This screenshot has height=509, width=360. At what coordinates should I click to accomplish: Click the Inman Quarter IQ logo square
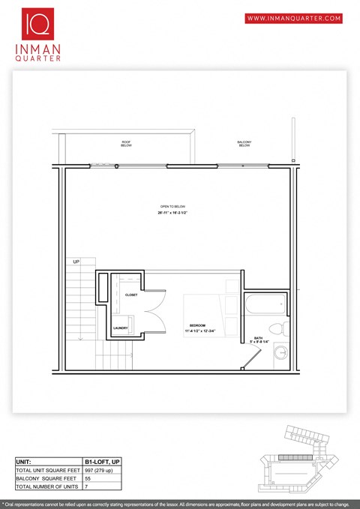click(x=37, y=23)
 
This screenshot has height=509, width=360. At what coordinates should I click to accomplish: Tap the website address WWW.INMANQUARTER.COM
click(x=294, y=18)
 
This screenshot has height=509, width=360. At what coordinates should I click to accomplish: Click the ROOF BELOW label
click(x=126, y=143)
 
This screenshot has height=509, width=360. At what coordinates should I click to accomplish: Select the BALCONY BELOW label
click(x=244, y=143)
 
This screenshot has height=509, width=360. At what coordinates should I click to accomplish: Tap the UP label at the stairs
click(x=76, y=262)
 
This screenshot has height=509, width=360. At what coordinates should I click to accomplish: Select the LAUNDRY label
click(x=120, y=328)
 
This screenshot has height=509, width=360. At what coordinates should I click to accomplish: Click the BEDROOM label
click(x=197, y=325)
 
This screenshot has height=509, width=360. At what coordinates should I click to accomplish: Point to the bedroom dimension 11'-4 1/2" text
click(x=197, y=331)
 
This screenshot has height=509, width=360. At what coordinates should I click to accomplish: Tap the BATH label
click(x=257, y=338)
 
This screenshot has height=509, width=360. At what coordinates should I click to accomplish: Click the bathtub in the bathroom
click(x=264, y=305)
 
